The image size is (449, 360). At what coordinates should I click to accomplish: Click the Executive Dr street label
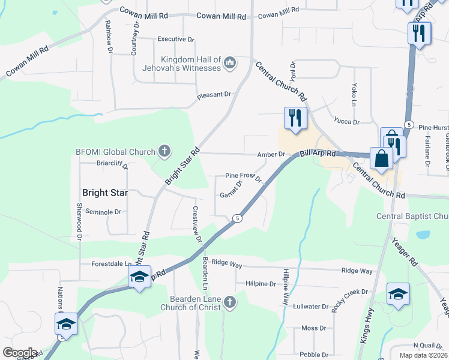(x=175, y=39)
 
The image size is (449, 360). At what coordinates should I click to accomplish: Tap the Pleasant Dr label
(x=214, y=95)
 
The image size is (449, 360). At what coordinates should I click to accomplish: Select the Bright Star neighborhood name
(x=105, y=193)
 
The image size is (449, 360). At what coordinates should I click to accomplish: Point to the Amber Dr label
(x=270, y=154)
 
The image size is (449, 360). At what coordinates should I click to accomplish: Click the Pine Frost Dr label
(x=244, y=176)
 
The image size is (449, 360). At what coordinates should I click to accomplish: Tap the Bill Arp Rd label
(x=318, y=155)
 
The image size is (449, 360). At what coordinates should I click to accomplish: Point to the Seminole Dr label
(x=103, y=212)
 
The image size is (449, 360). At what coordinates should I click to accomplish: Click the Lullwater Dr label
(x=311, y=306)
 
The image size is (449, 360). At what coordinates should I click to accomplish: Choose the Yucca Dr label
(x=346, y=122)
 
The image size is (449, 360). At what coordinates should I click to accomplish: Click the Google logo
(x=19, y=353)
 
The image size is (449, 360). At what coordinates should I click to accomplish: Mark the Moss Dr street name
(x=313, y=328)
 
